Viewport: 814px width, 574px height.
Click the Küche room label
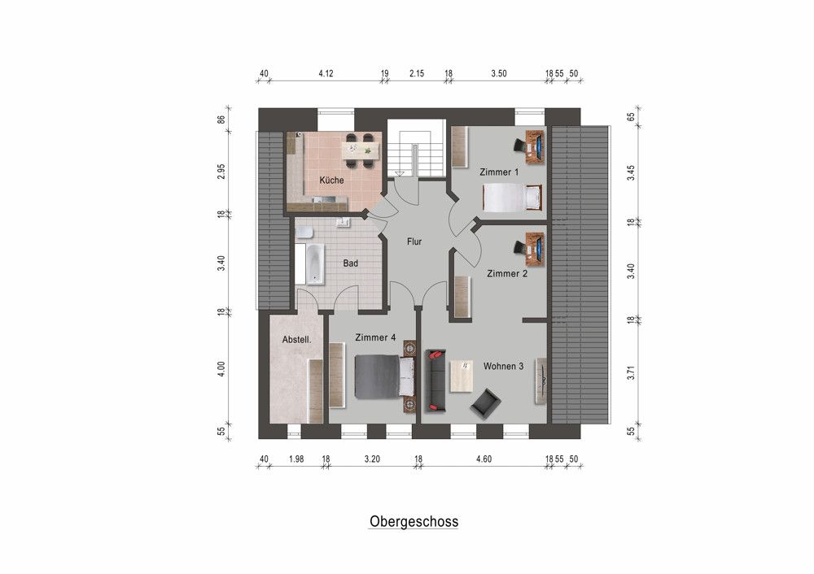[331, 180]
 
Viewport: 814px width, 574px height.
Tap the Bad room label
[351, 263]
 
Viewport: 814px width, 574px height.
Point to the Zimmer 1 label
[499, 172]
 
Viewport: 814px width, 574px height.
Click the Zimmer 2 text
[507, 274]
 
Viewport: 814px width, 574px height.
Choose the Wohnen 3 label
[504, 366]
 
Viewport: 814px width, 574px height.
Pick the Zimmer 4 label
[375, 337]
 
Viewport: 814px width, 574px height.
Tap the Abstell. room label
[297, 340]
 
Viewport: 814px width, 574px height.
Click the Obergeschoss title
[414, 521]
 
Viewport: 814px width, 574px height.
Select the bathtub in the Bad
[313, 263]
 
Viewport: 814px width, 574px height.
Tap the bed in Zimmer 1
[512, 198]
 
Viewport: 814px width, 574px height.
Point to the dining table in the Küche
[359, 150]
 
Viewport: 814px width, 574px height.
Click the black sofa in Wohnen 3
[435, 380]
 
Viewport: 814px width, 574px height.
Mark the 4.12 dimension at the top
[326, 74]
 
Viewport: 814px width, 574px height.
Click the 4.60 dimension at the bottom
[483, 459]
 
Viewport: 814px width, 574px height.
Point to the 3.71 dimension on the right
[631, 373]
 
